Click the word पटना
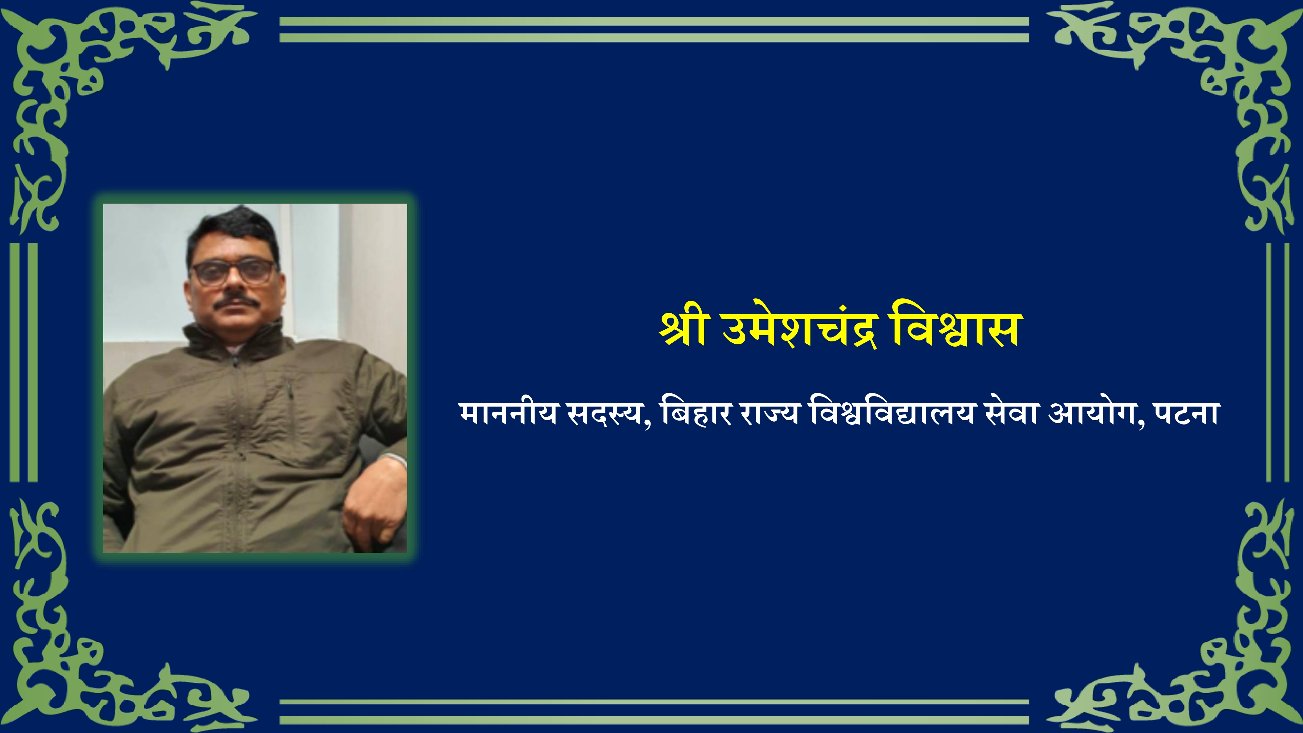coord(1186,414)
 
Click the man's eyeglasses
coord(233,272)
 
